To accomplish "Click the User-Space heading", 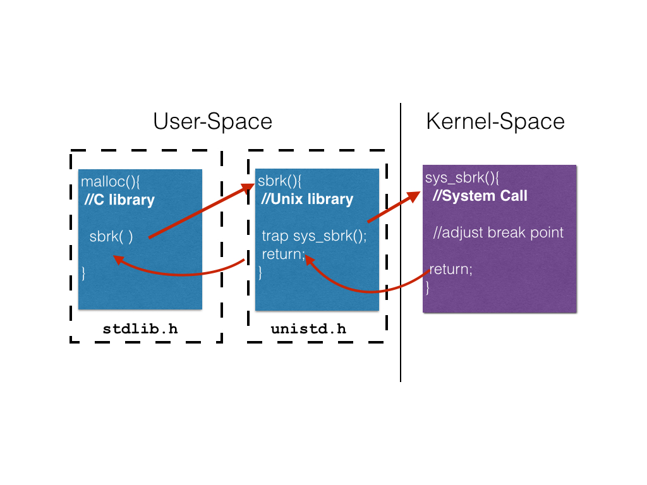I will pos(212,121).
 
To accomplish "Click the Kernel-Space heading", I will pos(495,121).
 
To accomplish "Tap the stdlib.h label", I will pos(140,329).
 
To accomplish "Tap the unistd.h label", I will pos(308,329).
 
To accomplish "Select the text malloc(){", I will pos(110,182).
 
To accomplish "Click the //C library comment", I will pos(119,200).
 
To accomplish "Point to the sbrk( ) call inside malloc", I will pos(111,237).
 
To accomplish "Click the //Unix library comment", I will pos(307,200).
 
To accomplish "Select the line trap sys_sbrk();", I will pos(314,236).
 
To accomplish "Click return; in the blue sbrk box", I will pos(283,254).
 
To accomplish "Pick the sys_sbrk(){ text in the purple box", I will pos(462,177).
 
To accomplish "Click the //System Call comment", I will pos(480,196).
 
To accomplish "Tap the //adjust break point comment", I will pos(498,232).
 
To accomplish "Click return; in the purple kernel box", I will pos(450,269).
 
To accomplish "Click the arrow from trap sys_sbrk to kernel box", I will pos(393,207).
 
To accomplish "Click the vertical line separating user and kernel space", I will pos(401,253).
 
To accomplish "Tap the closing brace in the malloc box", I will pos(83,273).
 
